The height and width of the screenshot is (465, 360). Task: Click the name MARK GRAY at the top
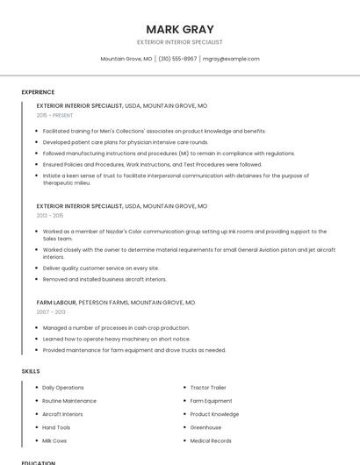(180, 29)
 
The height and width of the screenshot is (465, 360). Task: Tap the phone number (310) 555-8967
(177, 59)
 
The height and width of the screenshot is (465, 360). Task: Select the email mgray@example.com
(231, 59)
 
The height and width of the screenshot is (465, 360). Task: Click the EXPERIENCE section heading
(38, 92)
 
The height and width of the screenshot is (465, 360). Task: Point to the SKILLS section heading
(31, 371)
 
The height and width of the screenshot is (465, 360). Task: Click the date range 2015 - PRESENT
(55, 115)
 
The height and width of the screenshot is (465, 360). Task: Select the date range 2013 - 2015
(50, 215)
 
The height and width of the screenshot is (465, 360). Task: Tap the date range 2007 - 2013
(51, 311)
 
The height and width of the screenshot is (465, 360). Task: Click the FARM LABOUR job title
(56, 302)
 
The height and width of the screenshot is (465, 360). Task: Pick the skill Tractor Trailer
(208, 387)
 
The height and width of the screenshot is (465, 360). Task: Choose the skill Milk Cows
(54, 440)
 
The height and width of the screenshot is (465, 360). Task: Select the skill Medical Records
(211, 440)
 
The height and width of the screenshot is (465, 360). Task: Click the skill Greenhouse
(205, 427)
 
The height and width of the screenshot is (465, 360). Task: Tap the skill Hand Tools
(56, 427)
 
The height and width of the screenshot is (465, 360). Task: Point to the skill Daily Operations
(63, 387)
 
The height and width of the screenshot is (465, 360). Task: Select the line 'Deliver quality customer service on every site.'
(101, 268)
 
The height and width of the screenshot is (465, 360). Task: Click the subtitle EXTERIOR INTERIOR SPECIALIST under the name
(180, 42)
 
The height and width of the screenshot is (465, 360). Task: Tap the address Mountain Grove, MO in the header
(126, 59)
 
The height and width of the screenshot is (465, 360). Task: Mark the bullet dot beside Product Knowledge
(184, 414)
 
